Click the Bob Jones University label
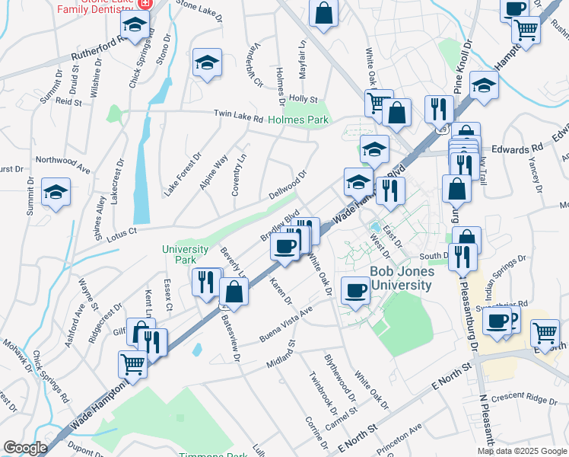[x=401, y=279]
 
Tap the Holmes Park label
[x=297, y=120]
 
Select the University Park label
[x=185, y=254]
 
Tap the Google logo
[x=25, y=448]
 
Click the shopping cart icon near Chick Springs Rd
[x=132, y=364]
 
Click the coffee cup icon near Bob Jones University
[x=356, y=290]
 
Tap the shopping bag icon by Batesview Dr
[x=234, y=291]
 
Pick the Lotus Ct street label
[x=122, y=230]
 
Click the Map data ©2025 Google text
[x=521, y=451]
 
